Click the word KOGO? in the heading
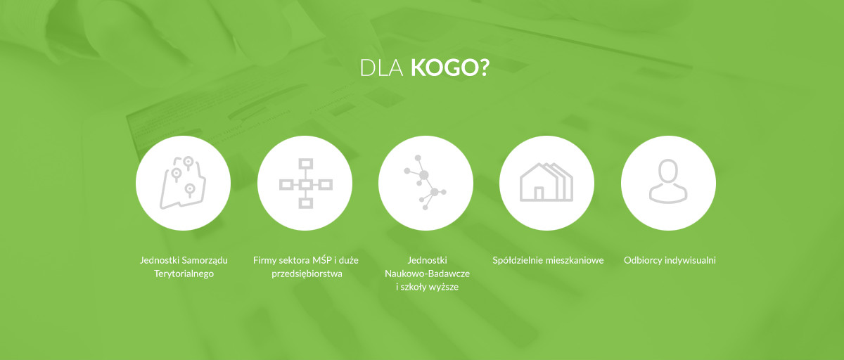tap(450, 67)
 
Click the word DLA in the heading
tap(381, 67)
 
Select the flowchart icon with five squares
tap(305, 184)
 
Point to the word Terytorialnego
tap(184, 274)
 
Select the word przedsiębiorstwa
tap(307, 274)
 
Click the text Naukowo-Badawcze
tap(428, 274)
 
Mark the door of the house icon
tap(539, 193)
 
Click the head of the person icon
tap(668, 171)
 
